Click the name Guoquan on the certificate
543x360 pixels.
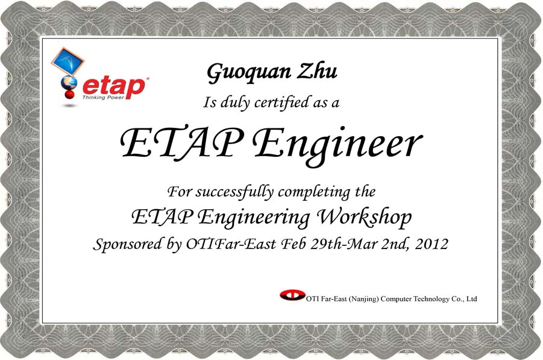coord(249,73)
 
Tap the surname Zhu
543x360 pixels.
coord(317,71)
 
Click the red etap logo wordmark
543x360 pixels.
coord(115,87)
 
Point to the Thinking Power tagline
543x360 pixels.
coord(103,97)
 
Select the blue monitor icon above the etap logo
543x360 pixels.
coord(68,62)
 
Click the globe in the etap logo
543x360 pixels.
coord(69,83)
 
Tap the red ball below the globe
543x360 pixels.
coord(69,94)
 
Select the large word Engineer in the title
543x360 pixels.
coord(337,145)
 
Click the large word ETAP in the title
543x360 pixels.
coord(181,142)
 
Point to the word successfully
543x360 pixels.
coord(234,192)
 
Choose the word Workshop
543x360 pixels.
coord(365,217)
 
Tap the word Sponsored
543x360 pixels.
coord(127,244)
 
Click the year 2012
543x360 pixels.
coord(432,244)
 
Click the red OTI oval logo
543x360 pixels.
coord(293,295)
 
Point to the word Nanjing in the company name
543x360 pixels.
coord(363,299)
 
